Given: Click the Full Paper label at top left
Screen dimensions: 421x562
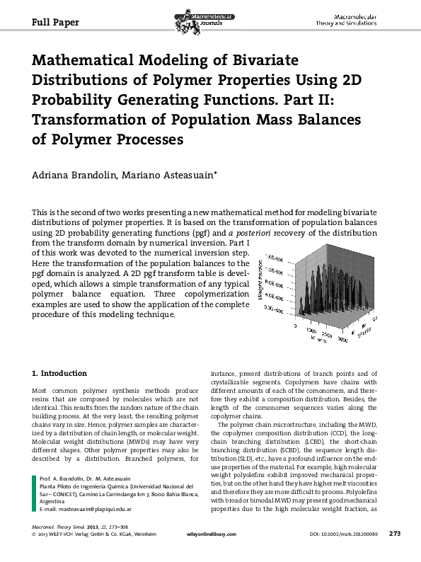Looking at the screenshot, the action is [x=56, y=21].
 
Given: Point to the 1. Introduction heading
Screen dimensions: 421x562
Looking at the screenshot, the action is [x=60, y=373].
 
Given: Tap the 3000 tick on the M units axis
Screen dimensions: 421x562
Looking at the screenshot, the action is [x=342, y=340].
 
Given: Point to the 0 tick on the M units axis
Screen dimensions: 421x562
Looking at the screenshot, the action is [x=294, y=328].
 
